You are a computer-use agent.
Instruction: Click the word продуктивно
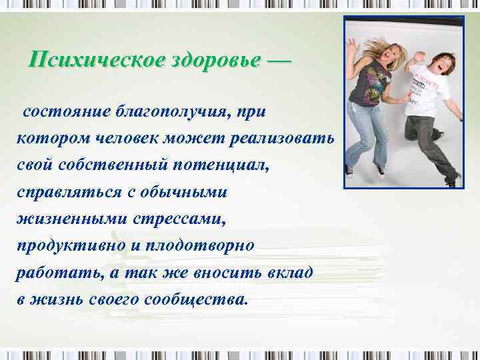(71, 245)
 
